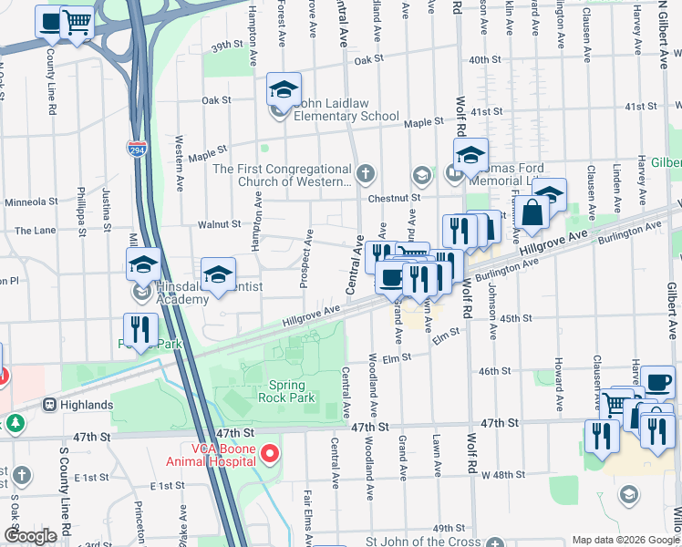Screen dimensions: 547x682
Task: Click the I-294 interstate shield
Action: tap(136, 150)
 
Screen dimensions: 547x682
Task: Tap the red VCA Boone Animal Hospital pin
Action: tap(269, 453)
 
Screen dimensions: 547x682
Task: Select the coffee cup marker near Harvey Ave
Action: tap(657, 381)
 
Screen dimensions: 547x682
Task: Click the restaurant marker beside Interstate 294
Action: tap(140, 330)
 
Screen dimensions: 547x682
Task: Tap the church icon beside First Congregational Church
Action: tap(366, 173)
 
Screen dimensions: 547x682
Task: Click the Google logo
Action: tap(31, 535)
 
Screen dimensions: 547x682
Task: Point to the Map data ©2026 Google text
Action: tap(625, 540)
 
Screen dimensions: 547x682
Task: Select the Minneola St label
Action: tap(31, 201)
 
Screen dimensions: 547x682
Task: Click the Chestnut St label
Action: tap(395, 197)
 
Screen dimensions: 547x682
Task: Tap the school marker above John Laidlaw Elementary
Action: tap(284, 89)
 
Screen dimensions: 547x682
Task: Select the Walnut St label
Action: tap(223, 223)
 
